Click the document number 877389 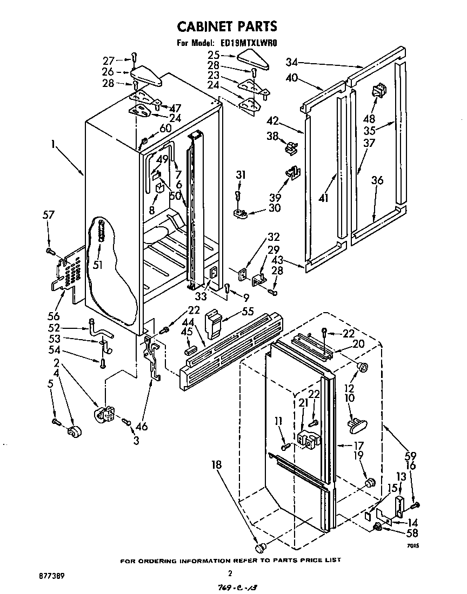53,576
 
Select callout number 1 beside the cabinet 54,145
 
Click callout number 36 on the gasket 377,180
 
